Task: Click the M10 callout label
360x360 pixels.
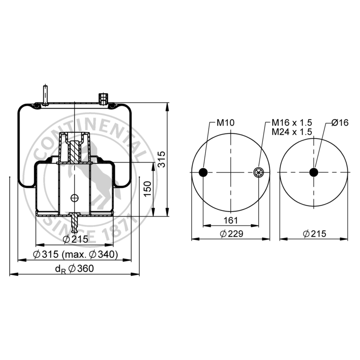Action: click(x=225, y=123)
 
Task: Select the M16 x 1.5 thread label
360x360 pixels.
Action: click(x=292, y=123)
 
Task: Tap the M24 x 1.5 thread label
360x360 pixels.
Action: click(x=292, y=132)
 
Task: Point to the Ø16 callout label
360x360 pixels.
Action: click(x=340, y=123)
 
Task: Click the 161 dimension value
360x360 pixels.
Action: click(x=230, y=220)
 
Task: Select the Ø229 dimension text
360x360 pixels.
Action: click(x=231, y=234)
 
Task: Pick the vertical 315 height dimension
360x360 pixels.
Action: click(x=162, y=159)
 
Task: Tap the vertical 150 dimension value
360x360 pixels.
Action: click(x=148, y=189)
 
